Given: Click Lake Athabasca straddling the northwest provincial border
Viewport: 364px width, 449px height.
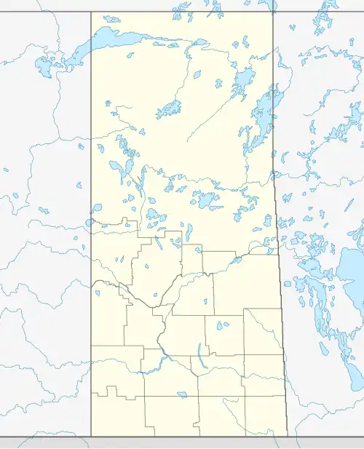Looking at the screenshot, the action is coord(109,36).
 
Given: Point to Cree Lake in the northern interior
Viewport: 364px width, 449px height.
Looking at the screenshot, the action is coord(169,110).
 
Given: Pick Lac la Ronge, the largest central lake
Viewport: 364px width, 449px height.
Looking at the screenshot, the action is coord(204,198).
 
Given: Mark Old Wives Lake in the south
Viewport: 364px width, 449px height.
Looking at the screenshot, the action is coord(181,394).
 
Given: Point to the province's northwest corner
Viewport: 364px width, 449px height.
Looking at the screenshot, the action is coord(91,12).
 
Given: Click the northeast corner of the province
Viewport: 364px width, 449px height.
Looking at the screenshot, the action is coord(273,12).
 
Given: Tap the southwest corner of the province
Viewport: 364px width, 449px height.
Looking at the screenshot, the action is coord(91,437).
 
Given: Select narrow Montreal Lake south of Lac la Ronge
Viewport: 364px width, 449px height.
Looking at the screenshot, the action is coord(189,231).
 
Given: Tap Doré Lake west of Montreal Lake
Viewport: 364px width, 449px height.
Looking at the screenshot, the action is coord(152,215).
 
